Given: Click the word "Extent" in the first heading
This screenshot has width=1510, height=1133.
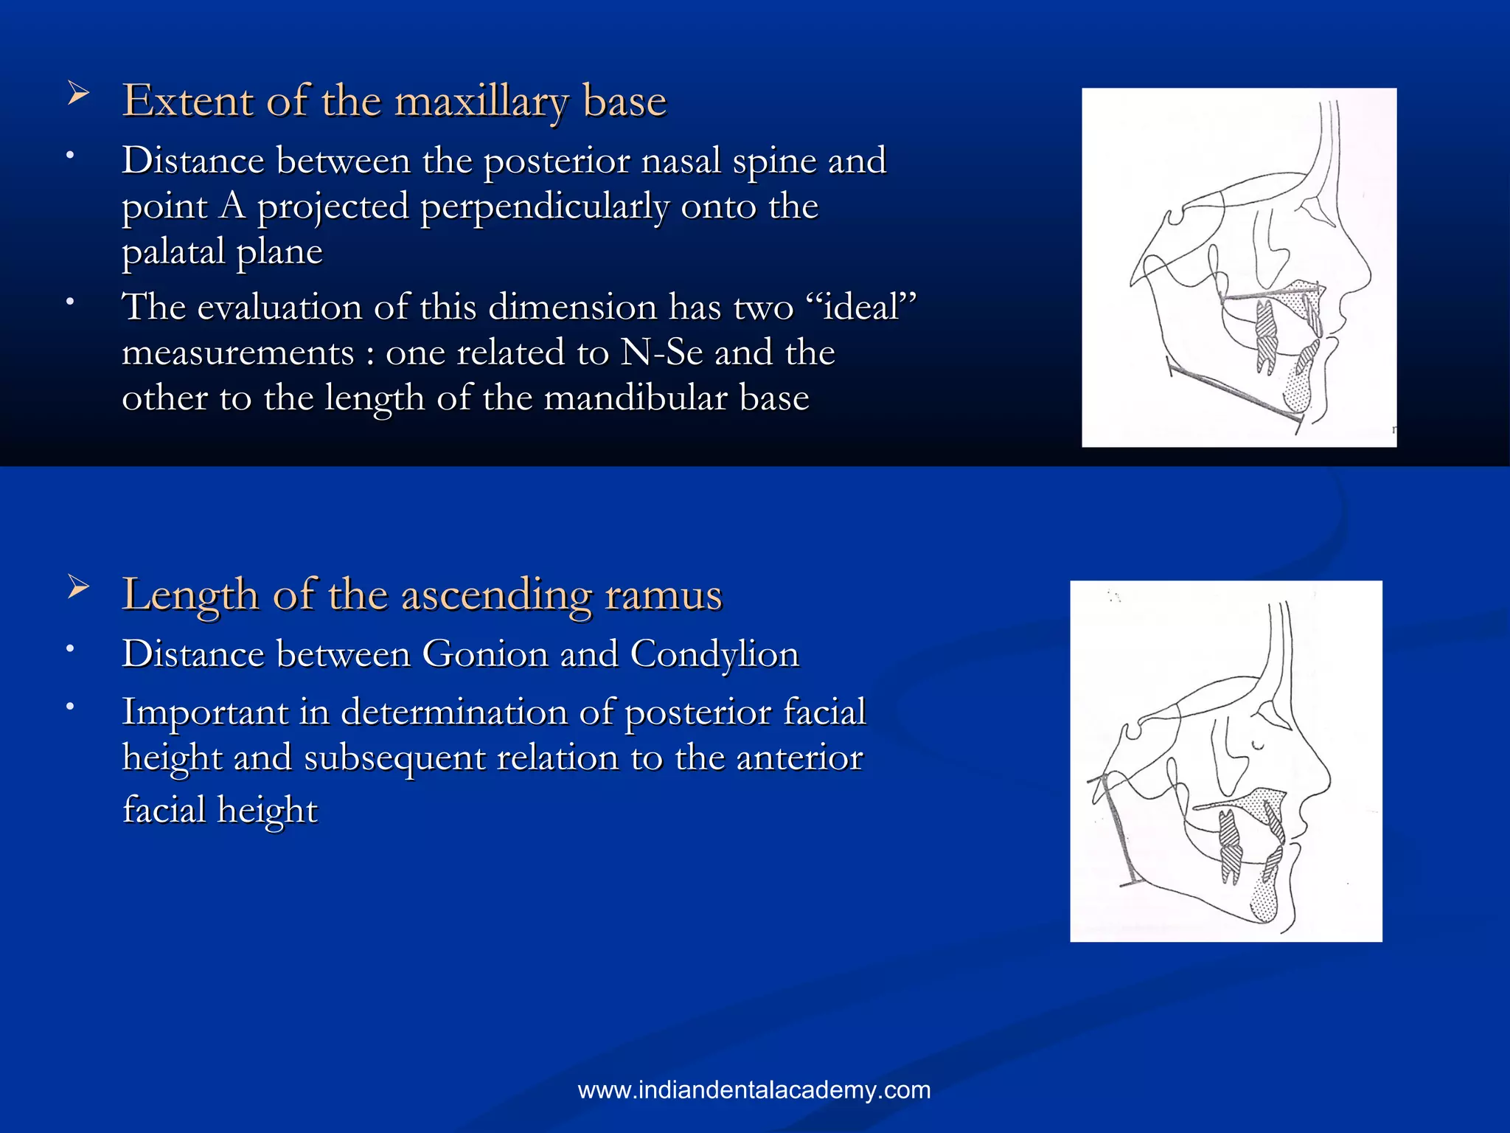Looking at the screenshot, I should tap(187, 101).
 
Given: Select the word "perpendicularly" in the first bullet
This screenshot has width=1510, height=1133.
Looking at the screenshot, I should tap(545, 207).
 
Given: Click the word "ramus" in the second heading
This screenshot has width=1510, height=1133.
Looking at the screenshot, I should tap(663, 595).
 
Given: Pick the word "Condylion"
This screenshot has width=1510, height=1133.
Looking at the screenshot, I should tap(714, 654).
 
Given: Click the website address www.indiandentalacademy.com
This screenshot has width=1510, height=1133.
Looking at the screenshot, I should tap(754, 1089).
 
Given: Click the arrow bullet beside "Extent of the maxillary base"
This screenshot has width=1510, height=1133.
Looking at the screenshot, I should tap(78, 94).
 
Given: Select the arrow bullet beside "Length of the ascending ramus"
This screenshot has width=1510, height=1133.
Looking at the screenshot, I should tap(78, 588).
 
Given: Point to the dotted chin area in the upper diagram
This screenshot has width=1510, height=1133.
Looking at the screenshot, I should tap(1299, 391).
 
